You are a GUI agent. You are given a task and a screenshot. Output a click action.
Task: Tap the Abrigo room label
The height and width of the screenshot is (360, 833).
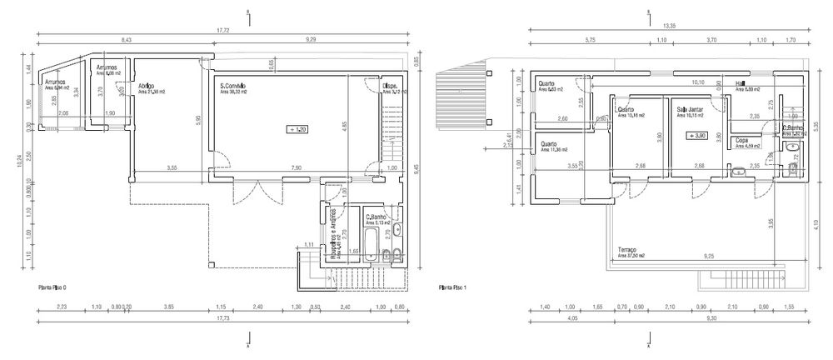146,86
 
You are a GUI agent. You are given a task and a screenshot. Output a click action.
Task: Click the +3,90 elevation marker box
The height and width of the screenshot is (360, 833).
696,135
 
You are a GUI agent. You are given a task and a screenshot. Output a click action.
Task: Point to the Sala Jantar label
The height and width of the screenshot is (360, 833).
688,109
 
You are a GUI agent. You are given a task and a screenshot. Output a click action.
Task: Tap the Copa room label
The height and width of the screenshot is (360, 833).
741,141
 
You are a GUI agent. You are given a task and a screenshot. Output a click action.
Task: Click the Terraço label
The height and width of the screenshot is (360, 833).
628,250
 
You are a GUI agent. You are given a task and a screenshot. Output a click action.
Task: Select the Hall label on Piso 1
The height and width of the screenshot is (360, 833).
740,83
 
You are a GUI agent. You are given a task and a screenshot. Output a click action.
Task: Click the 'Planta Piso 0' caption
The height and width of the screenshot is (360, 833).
52,287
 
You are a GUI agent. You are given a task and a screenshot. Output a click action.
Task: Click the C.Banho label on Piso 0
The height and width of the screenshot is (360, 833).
376,217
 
